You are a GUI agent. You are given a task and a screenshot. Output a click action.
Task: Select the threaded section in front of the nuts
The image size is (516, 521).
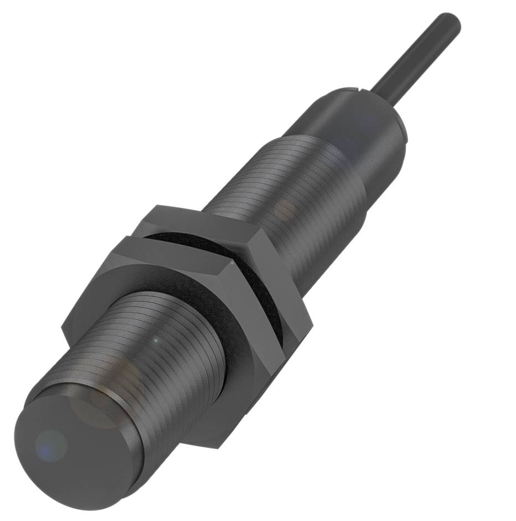(x=166, y=338)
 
